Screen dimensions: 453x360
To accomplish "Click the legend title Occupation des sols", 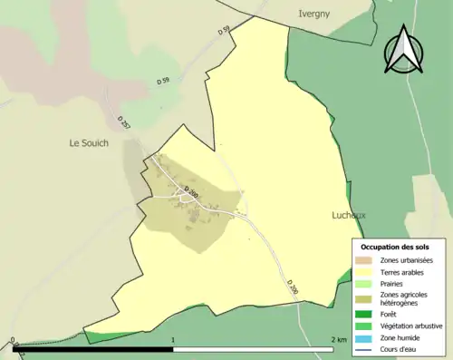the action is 394,247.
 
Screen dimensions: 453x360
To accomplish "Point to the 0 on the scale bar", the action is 14,340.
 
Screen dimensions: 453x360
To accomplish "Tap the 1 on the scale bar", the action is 172,340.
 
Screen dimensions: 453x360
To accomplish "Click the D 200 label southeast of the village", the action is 292,287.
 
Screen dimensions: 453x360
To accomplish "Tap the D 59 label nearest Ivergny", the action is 224,32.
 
